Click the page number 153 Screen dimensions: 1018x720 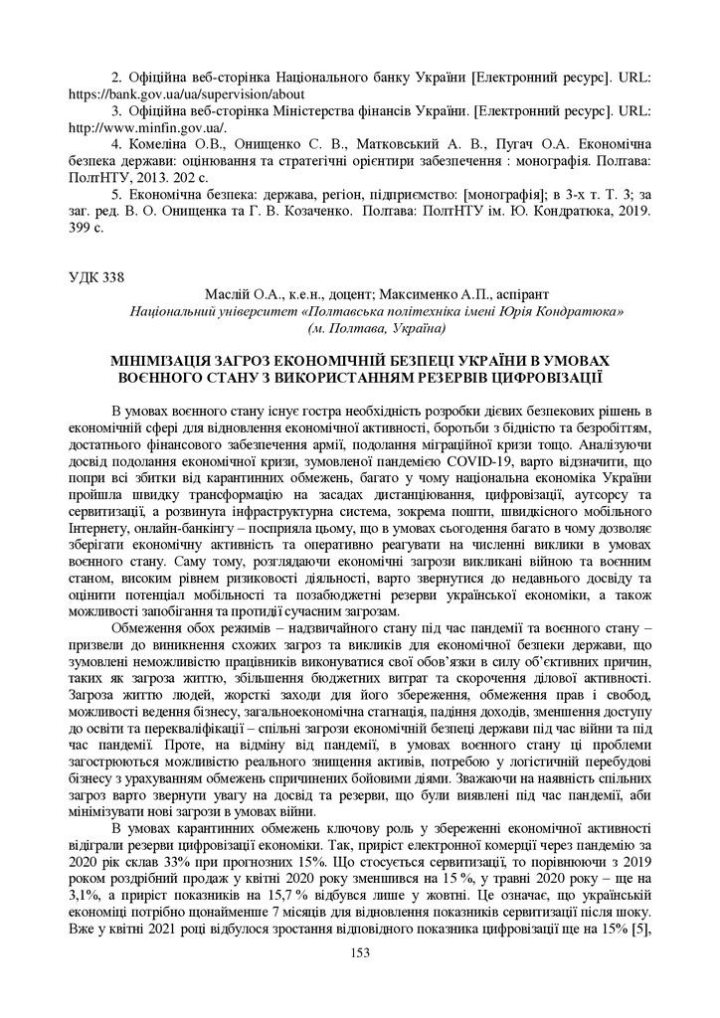pos(360,953)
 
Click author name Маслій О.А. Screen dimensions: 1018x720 pos(235,294)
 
